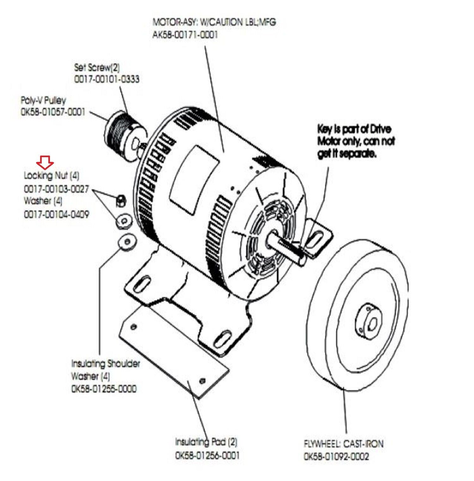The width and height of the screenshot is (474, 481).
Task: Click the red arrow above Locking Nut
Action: tap(45, 162)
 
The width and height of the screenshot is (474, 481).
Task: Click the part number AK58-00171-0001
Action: tap(185, 34)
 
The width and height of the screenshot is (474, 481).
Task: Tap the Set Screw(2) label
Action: tap(97, 67)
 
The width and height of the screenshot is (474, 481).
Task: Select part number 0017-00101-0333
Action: tap(107, 79)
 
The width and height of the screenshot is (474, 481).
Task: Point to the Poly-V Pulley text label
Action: tap(43, 101)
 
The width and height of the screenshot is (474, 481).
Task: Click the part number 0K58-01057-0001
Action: tap(53, 112)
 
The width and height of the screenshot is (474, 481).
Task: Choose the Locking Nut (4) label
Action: tap(52, 175)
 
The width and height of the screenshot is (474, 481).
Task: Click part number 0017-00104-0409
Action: tap(57, 214)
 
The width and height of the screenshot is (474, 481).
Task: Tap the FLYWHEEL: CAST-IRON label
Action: tap(343, 444)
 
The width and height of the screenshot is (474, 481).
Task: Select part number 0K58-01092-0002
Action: tap(336, 456)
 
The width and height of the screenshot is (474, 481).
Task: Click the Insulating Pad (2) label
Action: tap(206, 442)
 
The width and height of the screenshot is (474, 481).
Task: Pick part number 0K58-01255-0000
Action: tap(104, 389)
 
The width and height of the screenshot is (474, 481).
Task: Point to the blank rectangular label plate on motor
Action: tap(194, 180)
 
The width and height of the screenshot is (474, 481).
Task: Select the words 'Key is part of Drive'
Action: tap(354, 129)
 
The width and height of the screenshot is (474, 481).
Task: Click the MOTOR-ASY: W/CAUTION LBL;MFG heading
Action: tap(214, 22)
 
